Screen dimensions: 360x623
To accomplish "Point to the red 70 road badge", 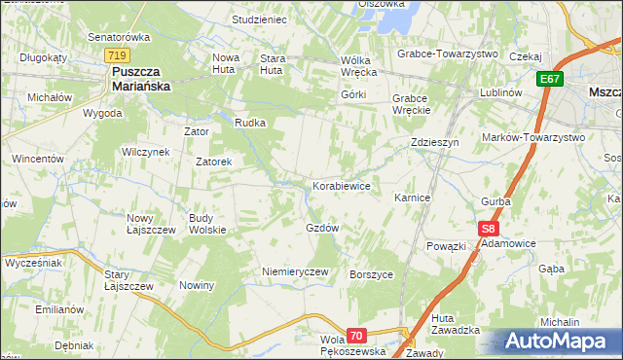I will [357, 336].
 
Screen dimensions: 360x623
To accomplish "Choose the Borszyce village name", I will [371, 274].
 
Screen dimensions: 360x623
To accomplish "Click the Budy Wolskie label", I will [207, 223].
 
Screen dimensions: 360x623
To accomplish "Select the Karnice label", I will [412, 197].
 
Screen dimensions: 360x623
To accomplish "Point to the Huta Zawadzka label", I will [456, 324].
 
